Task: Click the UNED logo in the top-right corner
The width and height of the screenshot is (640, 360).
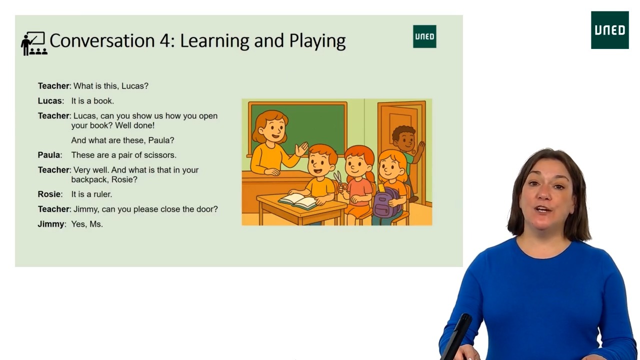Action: tap(609, 30)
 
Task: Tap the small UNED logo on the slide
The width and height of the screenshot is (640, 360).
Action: tap(424, 36)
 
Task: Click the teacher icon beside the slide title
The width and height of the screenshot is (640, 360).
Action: tap(33, 43)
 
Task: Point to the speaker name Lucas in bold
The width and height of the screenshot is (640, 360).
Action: tap(50, 101)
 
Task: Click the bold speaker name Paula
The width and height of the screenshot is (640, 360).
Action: tap(49, 155)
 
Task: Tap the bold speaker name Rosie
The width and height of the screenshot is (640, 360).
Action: tap(49, 194)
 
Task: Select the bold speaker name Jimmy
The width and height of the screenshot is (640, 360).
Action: tap(50, 224)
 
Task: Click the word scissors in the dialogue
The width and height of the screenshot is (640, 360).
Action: tap(159, 155)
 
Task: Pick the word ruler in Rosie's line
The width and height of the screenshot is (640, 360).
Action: tap(102, 194)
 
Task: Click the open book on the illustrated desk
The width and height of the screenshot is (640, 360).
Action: tap(298, 201)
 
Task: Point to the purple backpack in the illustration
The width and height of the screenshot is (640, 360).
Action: tap(386, 203)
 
